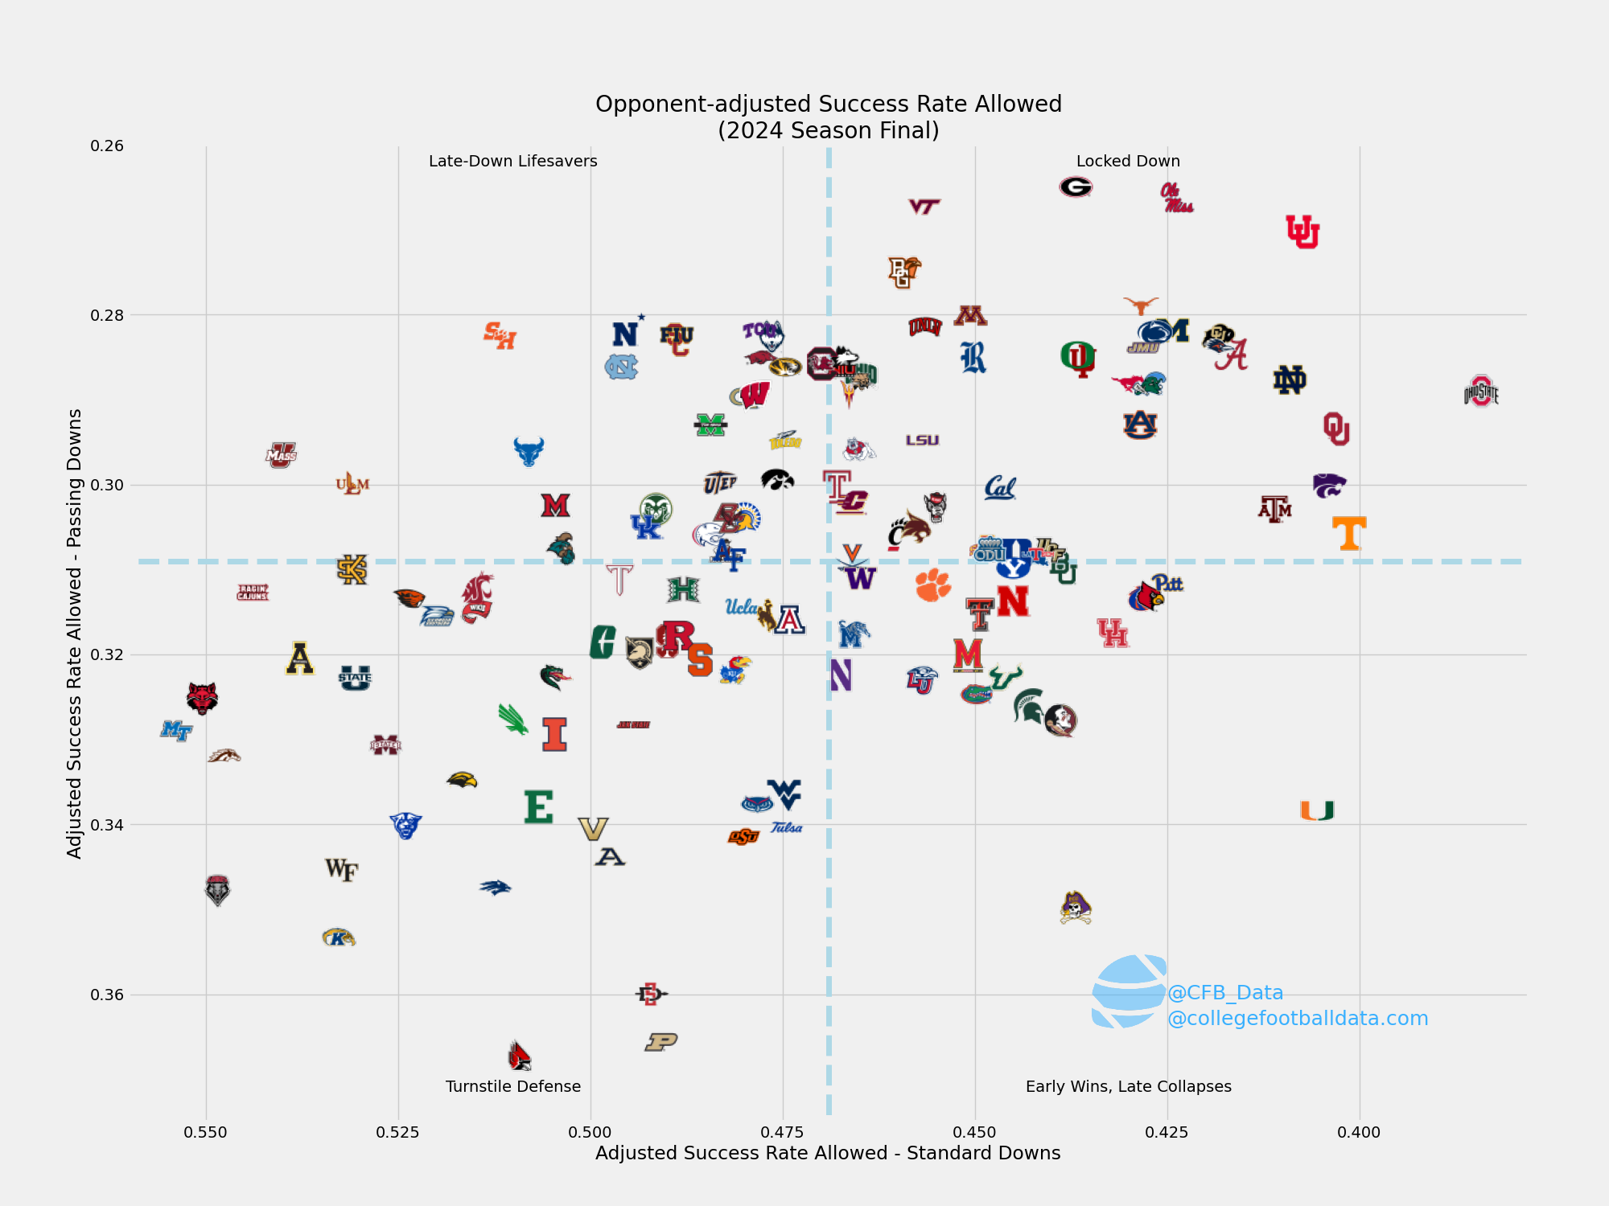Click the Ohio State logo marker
click(x=1481, y=392)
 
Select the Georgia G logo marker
click(x=1076, y=187)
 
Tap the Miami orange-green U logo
click(x=1317, y=810)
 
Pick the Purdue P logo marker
click(x=661, y=1042)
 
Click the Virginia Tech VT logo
click(x=924, y=207)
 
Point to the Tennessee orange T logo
click(x=1349, y=533)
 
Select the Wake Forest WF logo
click(x=342, y=869)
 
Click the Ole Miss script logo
click(x=1176, y=198)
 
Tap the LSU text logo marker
click(x=922, y=441)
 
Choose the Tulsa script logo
click(x=786, y=827)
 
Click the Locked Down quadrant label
click(x=1128, y=161)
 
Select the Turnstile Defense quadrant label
click(x=512, y=1086)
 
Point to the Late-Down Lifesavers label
click(x=512, y=161)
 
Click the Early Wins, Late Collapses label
click(x=1128, y=1086)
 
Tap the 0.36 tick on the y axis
click(x=107, y=995)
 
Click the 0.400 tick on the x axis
click(x=1359, y=1132)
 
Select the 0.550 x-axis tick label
click(x=205, y=1132)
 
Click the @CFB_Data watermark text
click(x=1224, y=992)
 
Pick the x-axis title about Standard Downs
click(x=828, y=1153)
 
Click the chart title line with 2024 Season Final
click(x=828, y=130)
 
